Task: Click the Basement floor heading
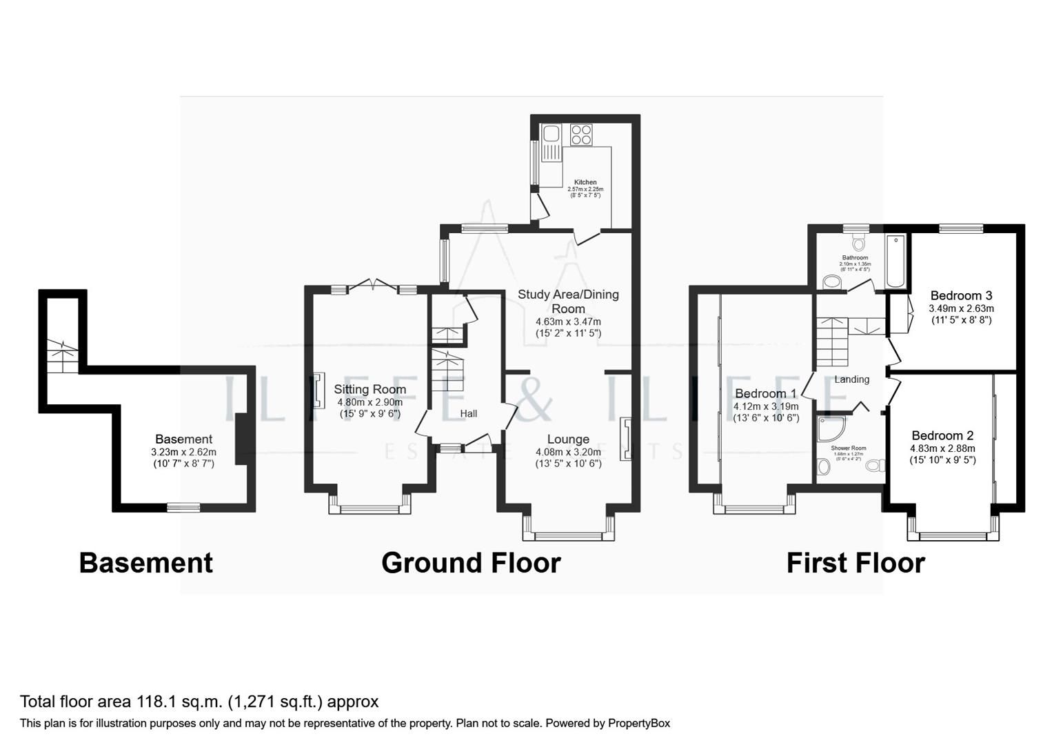[145, 563]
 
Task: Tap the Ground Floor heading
[471, 563]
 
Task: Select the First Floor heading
[856, 563]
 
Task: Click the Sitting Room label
[369, 389]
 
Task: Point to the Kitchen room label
[585, 182]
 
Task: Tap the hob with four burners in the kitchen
[581, 134]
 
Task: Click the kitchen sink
[551, 142]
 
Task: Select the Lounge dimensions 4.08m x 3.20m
[568, 453]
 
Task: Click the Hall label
[469, 414]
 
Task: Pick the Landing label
[852, 379]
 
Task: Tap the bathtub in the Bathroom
[895, 261]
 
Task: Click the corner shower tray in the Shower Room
[830, 428]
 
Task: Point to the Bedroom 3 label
[961, 296]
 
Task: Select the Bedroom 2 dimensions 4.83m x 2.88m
[942, 448]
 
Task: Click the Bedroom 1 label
[765, 394]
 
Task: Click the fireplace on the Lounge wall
[626, 439]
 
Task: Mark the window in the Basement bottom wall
[183, 507]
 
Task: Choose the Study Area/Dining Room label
[568, 301]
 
